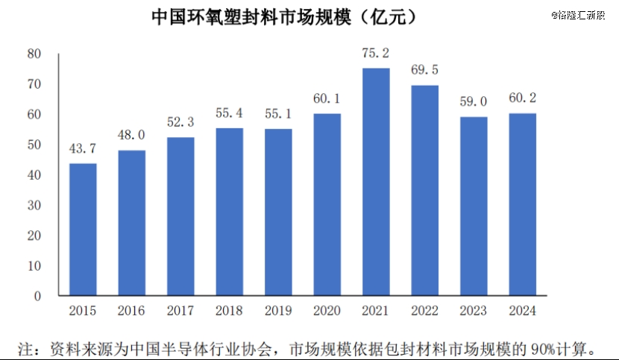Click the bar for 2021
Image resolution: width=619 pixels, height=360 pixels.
[376, 183]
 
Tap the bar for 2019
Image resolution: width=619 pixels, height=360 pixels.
[278, 212]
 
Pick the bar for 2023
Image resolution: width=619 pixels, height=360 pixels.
[474, 206]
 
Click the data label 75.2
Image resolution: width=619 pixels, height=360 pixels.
[376, 53]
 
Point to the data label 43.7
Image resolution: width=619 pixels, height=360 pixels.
[83, 148]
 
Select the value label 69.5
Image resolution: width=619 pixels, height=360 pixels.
[425, 70]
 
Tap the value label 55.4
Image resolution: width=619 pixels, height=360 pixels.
[229, 113]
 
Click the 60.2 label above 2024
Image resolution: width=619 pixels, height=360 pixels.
[522, 98]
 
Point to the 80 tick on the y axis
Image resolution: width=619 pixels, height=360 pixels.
[34, 54]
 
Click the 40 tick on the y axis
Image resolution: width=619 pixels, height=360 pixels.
[34, 175]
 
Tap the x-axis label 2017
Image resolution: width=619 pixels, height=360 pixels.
[180, 311]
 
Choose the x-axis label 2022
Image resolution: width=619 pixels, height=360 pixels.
[425, 311]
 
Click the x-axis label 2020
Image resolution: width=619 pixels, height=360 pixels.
[327, 311]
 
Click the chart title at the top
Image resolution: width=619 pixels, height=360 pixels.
[284, 16]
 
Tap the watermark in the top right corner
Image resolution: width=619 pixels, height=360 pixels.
[579, 14]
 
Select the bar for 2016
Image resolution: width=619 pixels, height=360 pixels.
[132, 223]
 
